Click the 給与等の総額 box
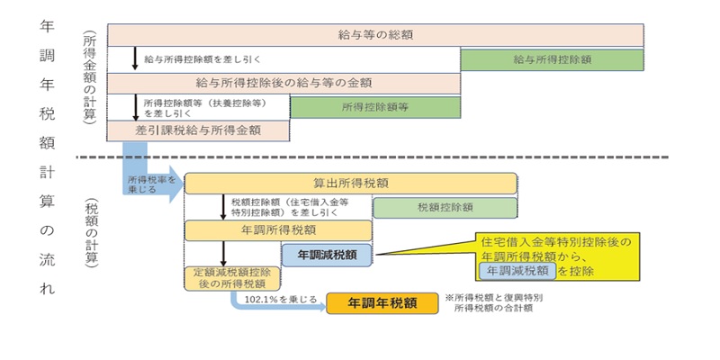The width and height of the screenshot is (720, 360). coord(376,35)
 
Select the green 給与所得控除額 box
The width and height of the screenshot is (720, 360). coord(552,59)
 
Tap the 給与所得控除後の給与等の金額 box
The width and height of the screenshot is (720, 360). coord(283,83)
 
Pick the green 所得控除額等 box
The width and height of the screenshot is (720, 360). coord(375,106)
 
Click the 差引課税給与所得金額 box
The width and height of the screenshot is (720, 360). coord(198,130)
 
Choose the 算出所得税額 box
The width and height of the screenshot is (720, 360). coord(351,183)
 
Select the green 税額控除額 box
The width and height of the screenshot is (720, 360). coord(445,207)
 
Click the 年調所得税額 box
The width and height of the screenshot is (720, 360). coord(278,230)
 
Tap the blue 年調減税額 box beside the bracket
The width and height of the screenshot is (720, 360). coord(327,255)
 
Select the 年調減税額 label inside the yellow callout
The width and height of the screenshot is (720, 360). coord(516,269)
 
